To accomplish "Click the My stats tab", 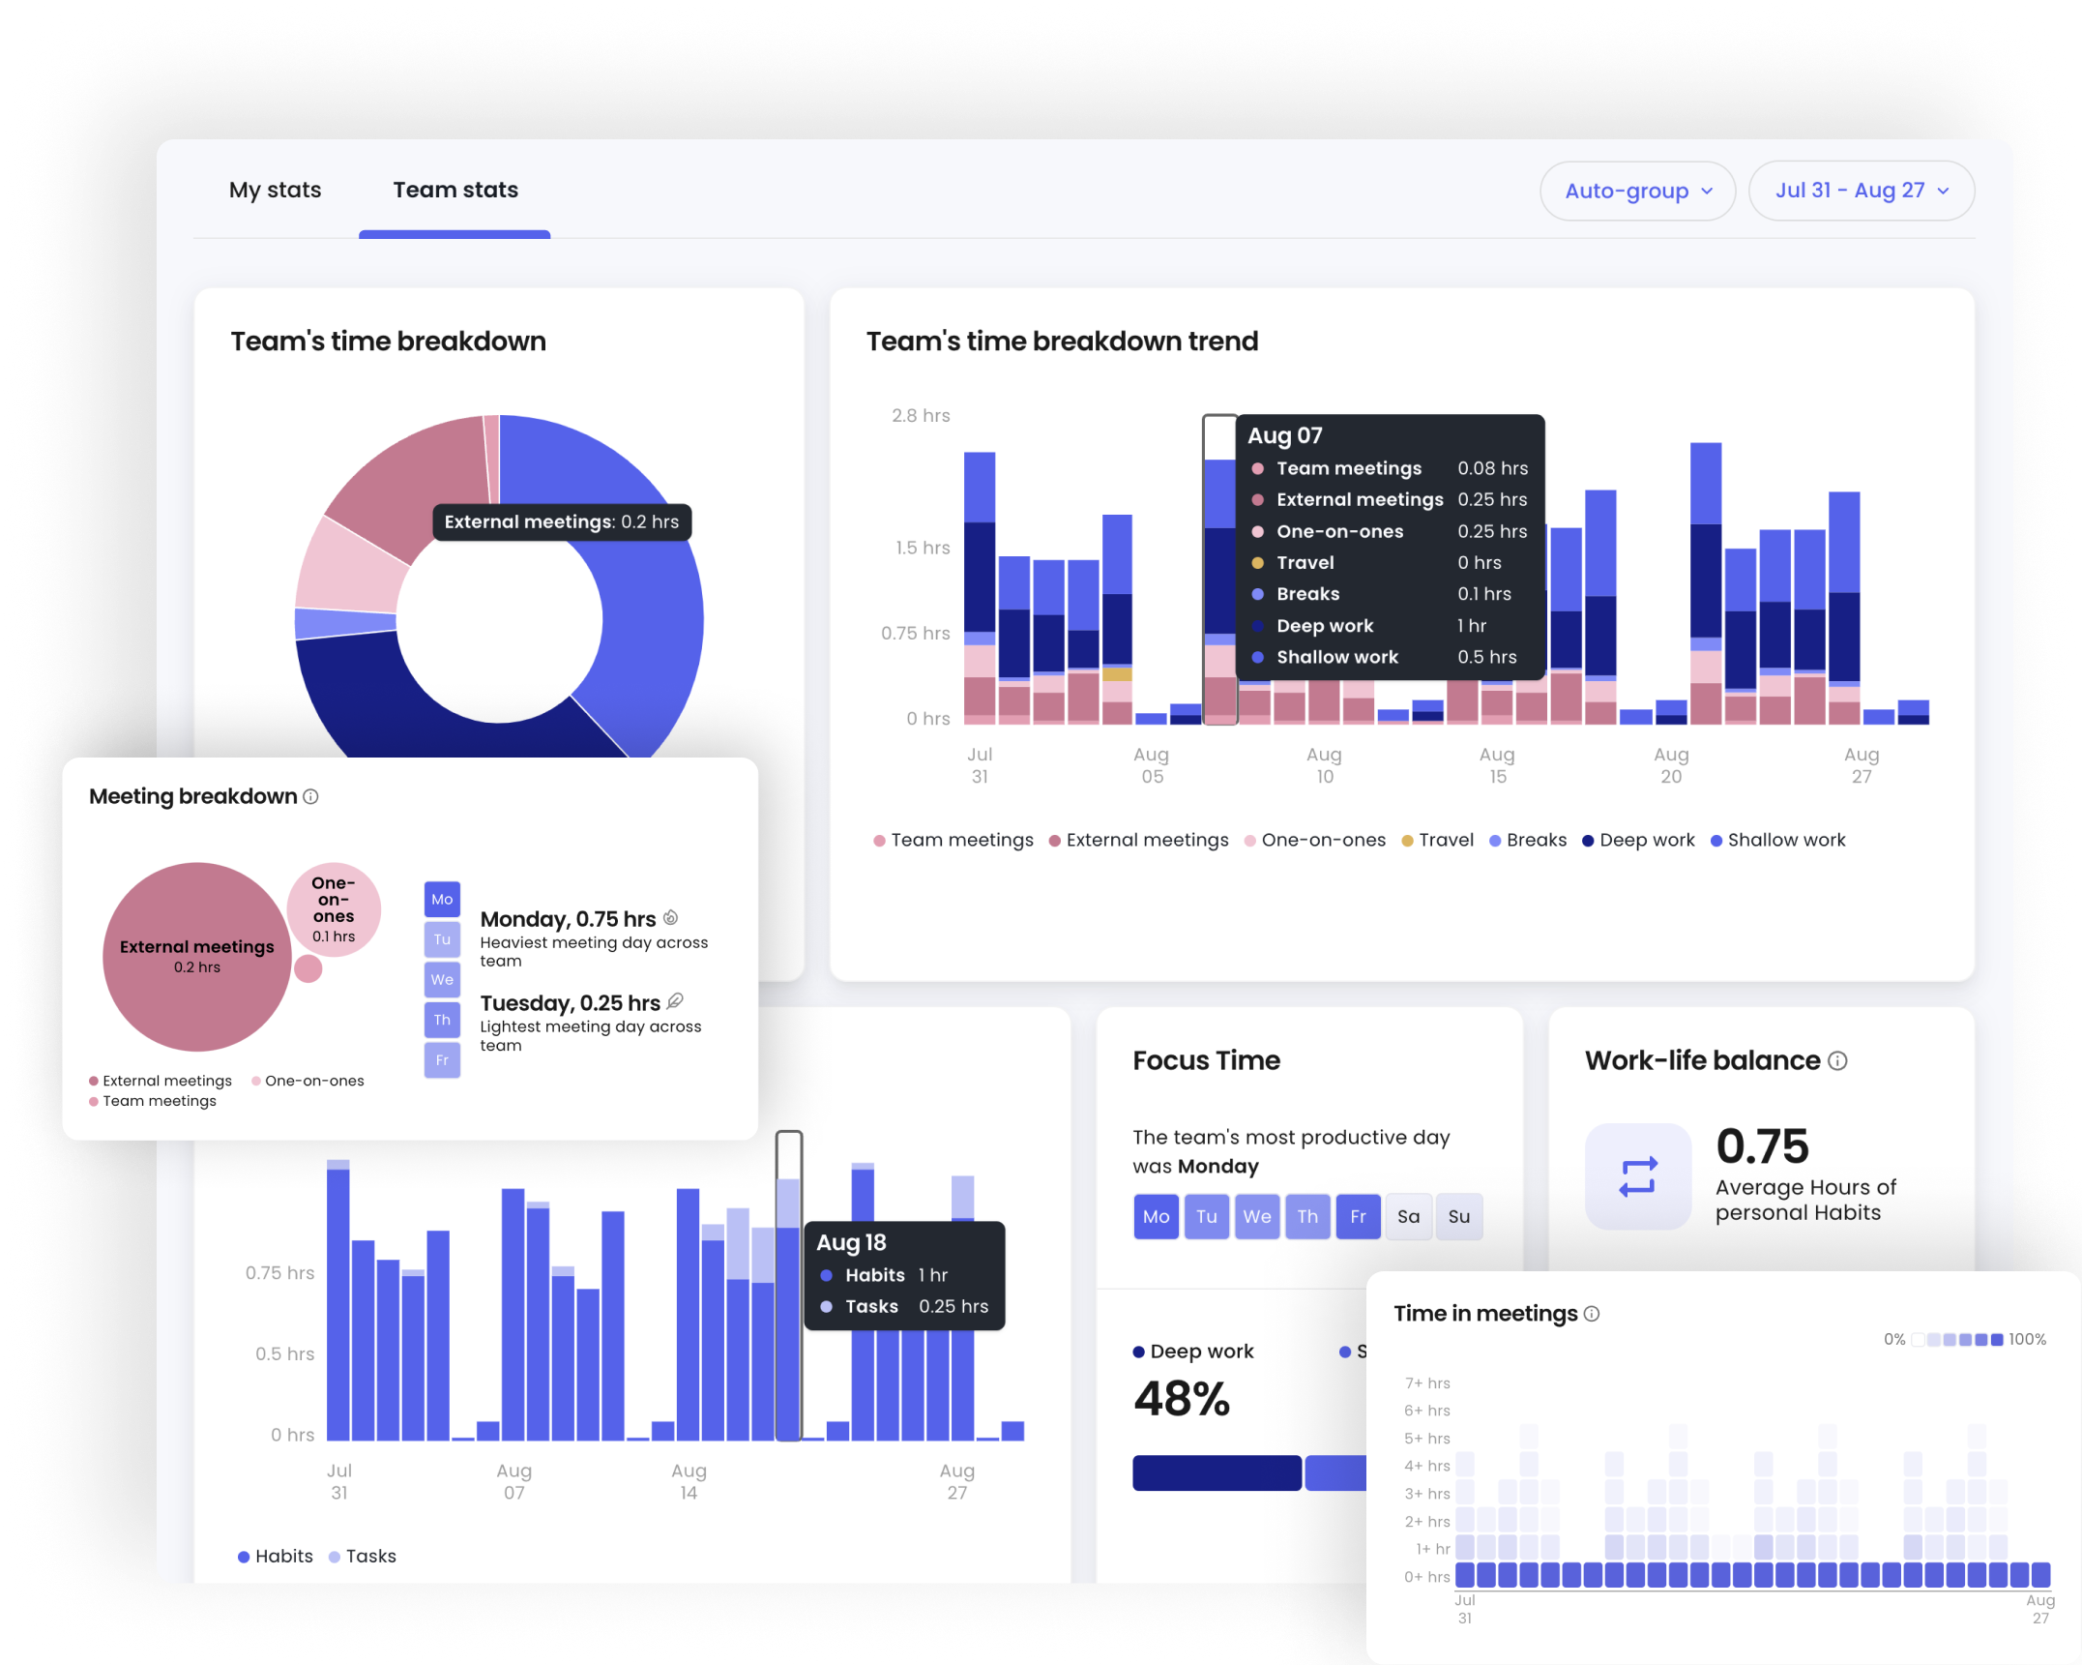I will [x=275, y=190].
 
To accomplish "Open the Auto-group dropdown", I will [x=1637, y=191].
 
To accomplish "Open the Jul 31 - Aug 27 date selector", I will [x=1861, y=191].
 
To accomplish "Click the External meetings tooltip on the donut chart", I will [x=561, y=522].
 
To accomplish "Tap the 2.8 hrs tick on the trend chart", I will [x=920, y=416].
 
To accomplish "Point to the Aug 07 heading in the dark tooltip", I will [x=1284, y=435].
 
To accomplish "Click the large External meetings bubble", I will [x=196, y=956].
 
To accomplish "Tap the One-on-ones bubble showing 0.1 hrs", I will [x=334, y=908].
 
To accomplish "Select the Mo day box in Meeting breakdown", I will [x=442, y=899].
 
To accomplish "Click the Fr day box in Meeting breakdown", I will [x=442, y=1060].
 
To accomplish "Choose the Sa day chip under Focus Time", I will [x=1408, y=1217].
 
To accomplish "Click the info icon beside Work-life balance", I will [x=1837, y=1061].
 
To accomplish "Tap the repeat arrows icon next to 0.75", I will [x=1638, y=1176].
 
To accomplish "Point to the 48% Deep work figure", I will [x=1182, y=1399].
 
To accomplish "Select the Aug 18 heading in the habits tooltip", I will [x=851, y=1242].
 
